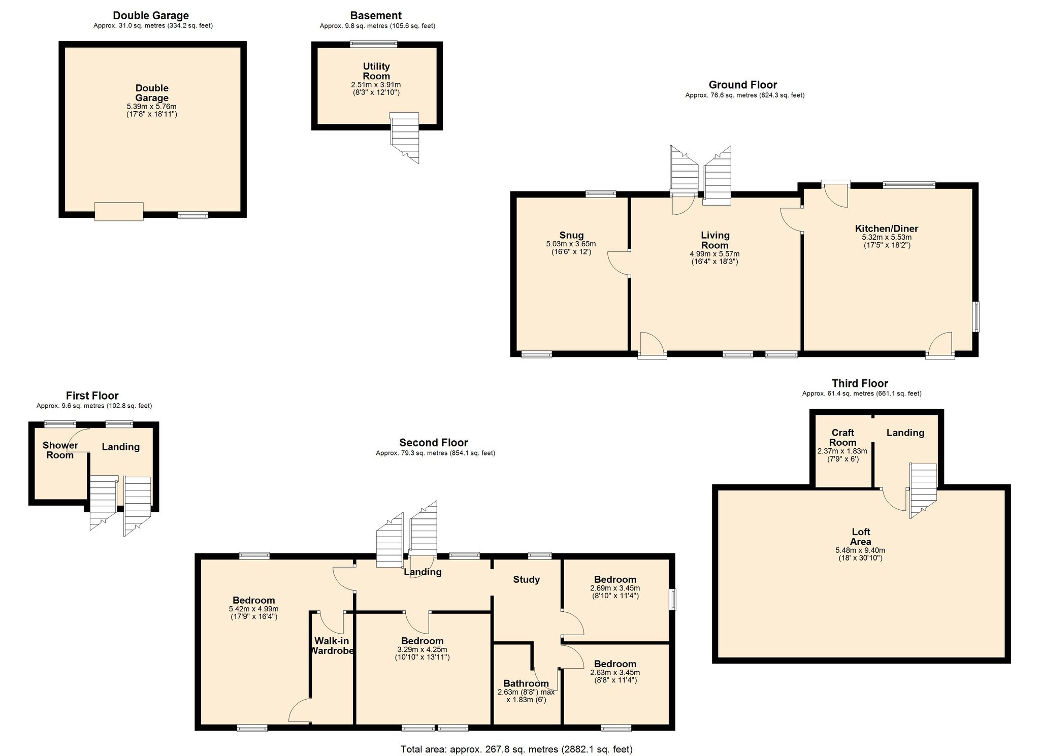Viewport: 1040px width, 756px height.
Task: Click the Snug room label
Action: [x=571, y=235]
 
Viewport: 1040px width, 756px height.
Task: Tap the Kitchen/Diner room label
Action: [x=886, y=228]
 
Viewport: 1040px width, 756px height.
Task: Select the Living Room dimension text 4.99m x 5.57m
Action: [x=714, y=254]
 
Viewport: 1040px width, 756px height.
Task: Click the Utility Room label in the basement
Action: [x=376, y=71]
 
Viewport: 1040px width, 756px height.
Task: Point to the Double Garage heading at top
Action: [x=151, y=16]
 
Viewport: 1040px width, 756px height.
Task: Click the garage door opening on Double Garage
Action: [x=119, y=211]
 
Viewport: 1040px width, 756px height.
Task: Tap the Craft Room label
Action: [x=842, y=437]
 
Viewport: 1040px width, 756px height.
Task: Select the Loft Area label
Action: [x=860, y=537]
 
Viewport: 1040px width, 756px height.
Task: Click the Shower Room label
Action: [x=60, y=450]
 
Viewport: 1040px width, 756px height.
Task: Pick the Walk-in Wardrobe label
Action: [x=332, y=645]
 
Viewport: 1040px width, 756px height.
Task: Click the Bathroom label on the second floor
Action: [x=526, y=683]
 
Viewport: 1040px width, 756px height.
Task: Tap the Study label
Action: [x=526, y=579]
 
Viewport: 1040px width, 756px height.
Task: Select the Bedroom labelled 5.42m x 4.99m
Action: [x=253, y=600]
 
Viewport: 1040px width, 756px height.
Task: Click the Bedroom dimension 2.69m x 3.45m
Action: [x=614, y=588]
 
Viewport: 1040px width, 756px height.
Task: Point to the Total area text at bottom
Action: [x=516, y=749]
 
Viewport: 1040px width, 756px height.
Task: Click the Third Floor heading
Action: [x=860, y=383]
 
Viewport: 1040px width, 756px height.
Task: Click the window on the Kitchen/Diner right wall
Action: [x=976, y=317]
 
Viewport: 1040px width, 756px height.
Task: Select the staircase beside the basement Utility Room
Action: [x=405, y=137]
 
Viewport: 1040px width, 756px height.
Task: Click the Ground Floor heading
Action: [x=742, y=85]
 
